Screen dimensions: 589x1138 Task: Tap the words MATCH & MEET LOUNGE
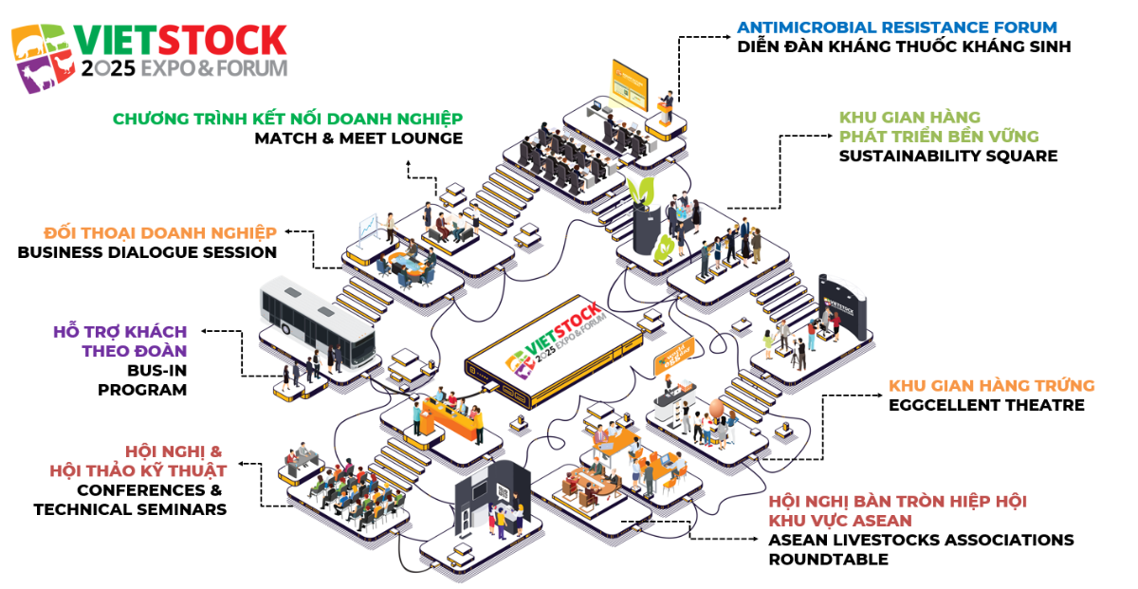[358, 138]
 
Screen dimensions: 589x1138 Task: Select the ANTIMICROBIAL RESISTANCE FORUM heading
[896, 27]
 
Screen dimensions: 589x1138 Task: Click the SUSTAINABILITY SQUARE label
[947, 156]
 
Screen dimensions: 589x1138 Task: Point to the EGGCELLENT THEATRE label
[986, 405]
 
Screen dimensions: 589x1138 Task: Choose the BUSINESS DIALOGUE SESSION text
[147, 252]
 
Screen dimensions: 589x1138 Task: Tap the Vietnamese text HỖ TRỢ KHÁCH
[120, 331]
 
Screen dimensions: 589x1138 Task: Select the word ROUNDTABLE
[828, 560]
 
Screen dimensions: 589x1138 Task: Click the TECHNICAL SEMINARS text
[130, 509]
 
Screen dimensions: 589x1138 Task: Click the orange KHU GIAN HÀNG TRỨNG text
[991, 386]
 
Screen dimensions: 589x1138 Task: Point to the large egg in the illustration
[716, 409]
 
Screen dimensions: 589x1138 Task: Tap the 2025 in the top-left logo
[108, 68]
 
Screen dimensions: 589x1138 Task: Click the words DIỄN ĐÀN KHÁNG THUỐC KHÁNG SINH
[904, 46]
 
